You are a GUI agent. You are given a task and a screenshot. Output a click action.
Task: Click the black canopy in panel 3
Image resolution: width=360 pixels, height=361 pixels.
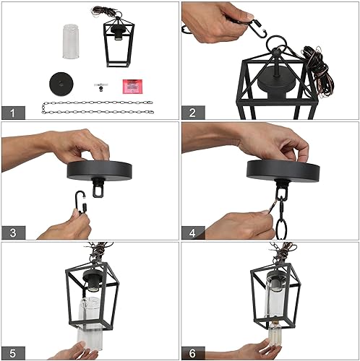(101, 172)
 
